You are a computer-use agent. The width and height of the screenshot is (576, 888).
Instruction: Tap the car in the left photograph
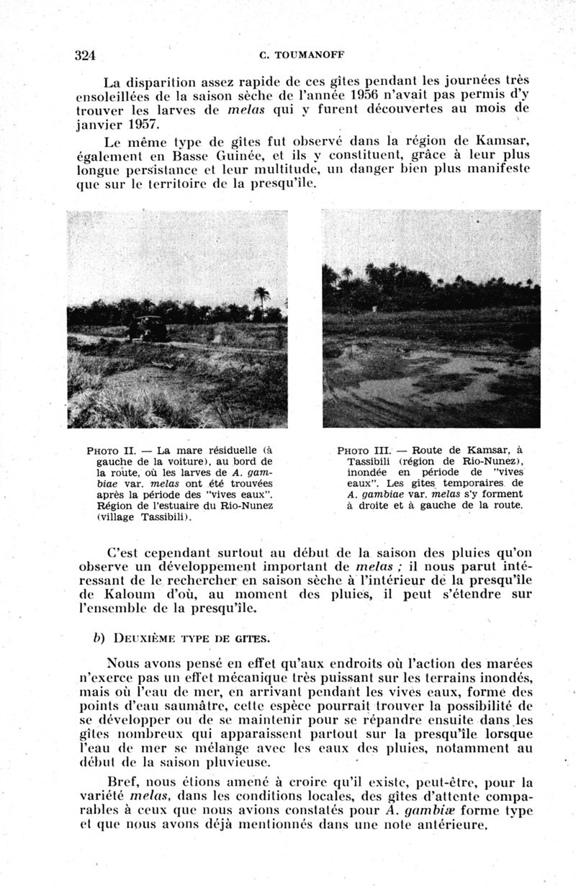[148, 328]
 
